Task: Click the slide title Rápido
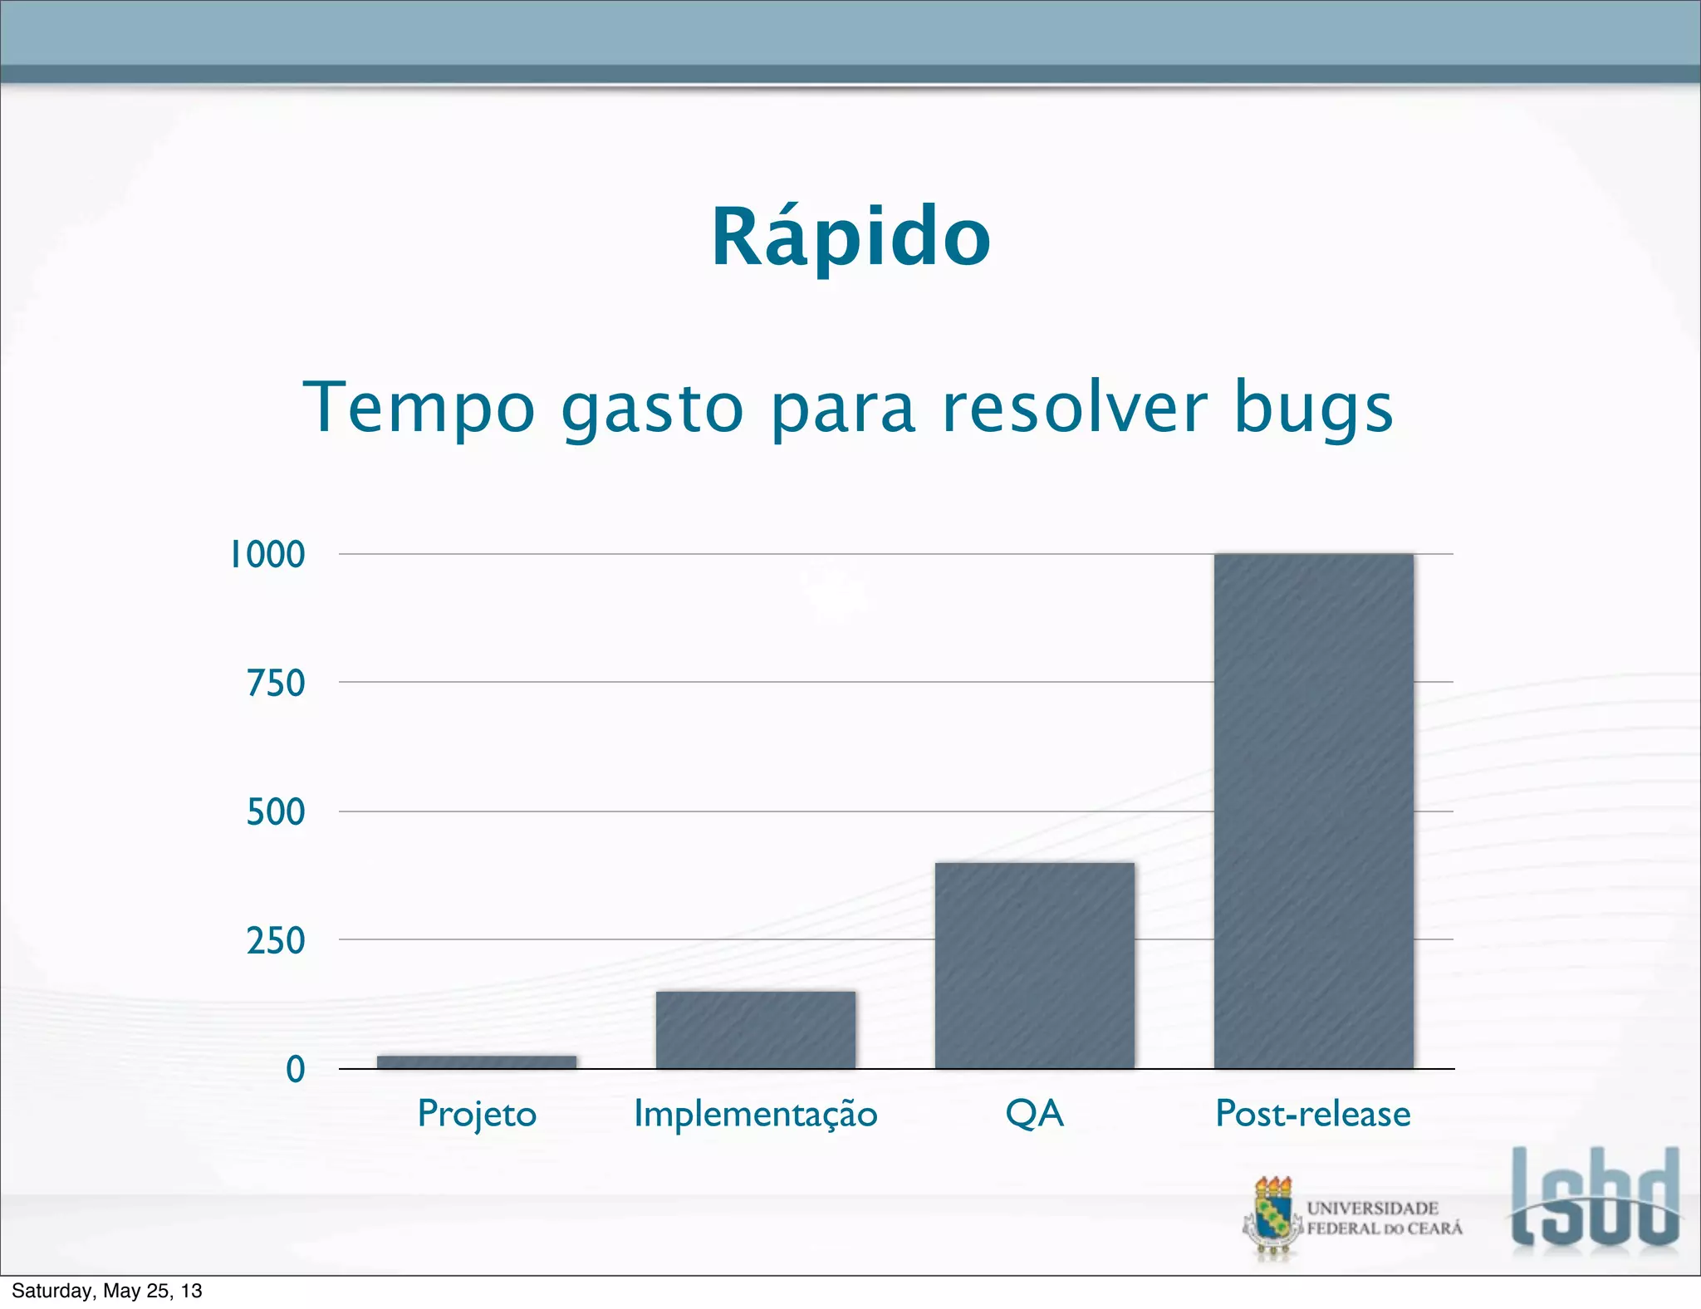[850, 238]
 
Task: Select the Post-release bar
[1313, 811]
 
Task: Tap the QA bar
[1034, 965]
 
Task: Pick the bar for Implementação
[755, 1029]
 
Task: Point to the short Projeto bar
[476, 1061]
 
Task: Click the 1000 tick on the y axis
[267, 555]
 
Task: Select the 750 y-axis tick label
[276, 684]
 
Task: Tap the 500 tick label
[276, 812]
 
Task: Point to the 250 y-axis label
[276, 941]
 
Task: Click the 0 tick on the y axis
[295, 1070]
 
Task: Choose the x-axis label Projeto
[477, 1114]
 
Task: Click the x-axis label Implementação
[755, 1114]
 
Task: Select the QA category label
[1034, 1114]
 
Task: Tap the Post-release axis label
[1313, 1114]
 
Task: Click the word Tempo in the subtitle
[419, 408]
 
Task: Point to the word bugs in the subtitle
[1313, 408]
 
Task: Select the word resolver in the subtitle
[1075, 408]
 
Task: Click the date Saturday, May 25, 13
[107, 1291]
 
